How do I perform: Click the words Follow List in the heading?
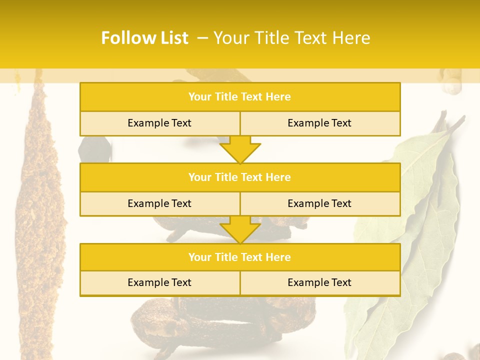tap(144, 38)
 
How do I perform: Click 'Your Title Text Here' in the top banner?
tap(291, 38)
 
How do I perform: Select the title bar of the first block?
tap(240, 97)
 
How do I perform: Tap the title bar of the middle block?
tap(240, 177)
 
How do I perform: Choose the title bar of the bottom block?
tap(240, 257)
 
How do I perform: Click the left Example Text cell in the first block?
tap(160, 123)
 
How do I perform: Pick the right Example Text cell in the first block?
tap(320, 123)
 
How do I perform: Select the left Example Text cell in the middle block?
tap(160, 203)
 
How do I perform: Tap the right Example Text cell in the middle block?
tap(320, 203)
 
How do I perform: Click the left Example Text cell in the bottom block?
tap(160, 282)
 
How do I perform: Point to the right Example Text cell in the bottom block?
tap(320, 282)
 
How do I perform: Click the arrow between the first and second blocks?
tap(240, 149)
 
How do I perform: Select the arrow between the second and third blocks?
tap(240, 230)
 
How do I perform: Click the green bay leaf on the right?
tap(410, 225)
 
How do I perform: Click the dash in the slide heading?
tap(203, 38)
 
